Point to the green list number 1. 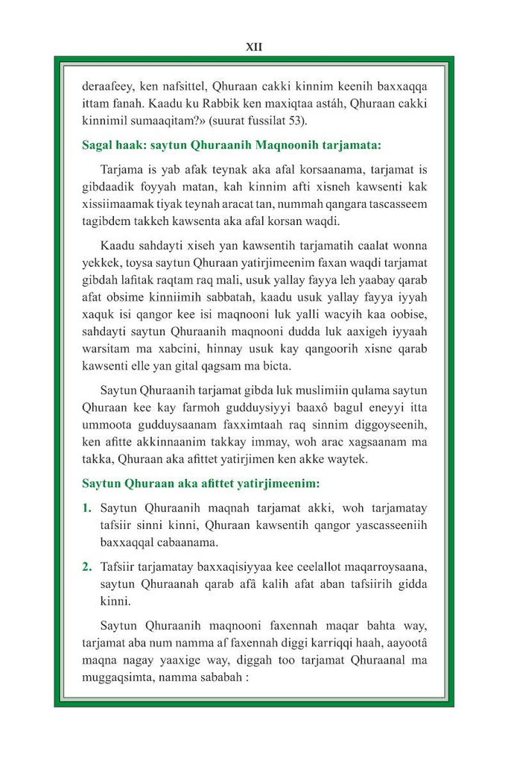coord(86,508)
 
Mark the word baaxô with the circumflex coord(289,407)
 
